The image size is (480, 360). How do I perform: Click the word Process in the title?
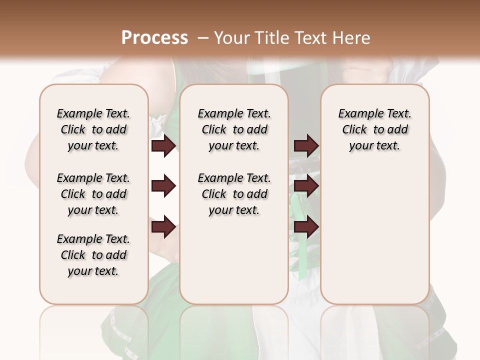click(x=154, y=38)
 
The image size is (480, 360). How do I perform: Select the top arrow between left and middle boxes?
click(x=163, y=145)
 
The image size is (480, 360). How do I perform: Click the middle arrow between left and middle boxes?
click(x=163, y=186)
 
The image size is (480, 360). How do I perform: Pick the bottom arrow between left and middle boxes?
click(x=163, y=227)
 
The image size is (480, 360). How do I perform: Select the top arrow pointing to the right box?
click(x=306, y=145)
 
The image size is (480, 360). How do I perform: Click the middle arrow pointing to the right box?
click(x=306, y=186)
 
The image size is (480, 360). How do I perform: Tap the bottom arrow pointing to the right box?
click(x=306, y=227)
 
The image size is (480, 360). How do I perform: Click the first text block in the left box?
click(x=93, y=129)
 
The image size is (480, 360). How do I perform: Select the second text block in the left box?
click(x=93, y=194)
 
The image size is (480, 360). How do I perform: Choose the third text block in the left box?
click(x=93, y=255)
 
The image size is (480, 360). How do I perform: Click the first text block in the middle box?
click(x=234, y=129)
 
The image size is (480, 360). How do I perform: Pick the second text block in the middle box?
click(x=234, y=194)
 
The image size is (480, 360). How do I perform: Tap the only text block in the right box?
click(x=374, y=129)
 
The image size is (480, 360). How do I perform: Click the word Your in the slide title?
click(x=230, y=38)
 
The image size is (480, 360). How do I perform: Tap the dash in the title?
click(x=203, y=38)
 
